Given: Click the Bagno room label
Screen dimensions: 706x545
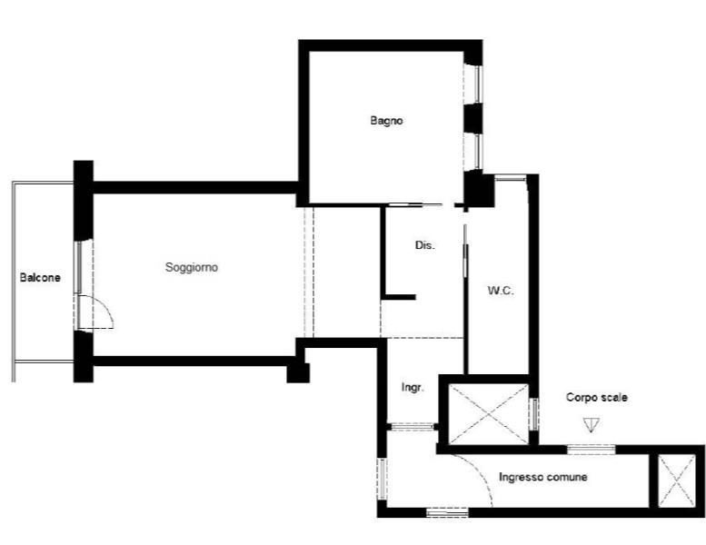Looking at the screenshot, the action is click(x=386, y=121).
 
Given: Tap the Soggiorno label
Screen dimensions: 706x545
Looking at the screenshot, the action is click(x=192, y=267).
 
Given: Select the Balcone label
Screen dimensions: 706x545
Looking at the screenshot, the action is click(x=40, y=277).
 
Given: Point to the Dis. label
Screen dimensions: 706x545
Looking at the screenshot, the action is click(x=425, y=245).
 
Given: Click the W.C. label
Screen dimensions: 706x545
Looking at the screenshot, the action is click(x=501, y=291).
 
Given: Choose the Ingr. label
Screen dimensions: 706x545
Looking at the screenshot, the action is click(x=413, y=387).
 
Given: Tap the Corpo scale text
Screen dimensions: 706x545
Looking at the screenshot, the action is click(x=597, y=397).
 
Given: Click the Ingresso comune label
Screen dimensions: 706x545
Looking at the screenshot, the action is click(x=543, y=477).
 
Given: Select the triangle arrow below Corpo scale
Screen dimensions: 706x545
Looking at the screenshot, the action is click(x=591, y=425).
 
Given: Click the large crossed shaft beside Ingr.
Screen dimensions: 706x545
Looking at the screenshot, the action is click(x=489, y=414).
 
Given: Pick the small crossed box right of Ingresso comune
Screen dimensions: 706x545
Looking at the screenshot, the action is click(x=677, y=480).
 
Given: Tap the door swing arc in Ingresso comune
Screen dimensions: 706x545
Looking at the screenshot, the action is click(x=482, y=472).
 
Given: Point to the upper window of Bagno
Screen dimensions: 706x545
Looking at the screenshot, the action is click(x=473, y=84).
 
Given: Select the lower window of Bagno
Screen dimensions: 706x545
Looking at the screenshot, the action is click(x=473, y=152).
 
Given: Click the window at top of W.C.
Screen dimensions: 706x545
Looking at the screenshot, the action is click(x=511, y=178).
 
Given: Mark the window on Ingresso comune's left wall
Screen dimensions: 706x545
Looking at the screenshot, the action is click(x=382, y=479).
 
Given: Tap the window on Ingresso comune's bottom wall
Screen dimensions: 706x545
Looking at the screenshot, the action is click(x=447, y=512).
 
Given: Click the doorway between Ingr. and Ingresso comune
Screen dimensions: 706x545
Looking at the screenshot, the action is click(x=411, y=426).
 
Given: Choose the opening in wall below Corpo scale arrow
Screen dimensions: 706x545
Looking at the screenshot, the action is click(x=591, y=449).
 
